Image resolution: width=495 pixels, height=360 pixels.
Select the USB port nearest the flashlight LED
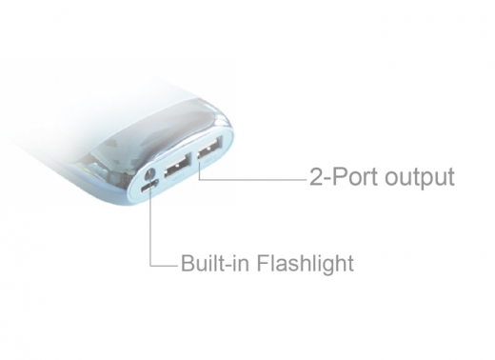click(x=174, y=169)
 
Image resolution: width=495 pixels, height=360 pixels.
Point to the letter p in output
click(x=427, y=180)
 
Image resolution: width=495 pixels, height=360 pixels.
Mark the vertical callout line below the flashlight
click(x=149, y=229)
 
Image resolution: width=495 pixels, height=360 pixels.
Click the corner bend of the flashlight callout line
click(x=150, y=264)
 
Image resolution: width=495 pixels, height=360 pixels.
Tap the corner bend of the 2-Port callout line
click(x=199, y=177)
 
